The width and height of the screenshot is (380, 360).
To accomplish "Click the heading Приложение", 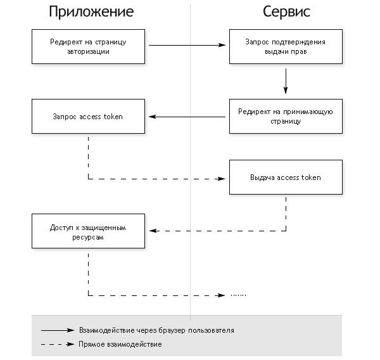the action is (91, 12).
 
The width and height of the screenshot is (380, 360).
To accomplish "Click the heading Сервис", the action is (286, 11).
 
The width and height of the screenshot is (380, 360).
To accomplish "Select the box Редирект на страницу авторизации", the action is (88, 46).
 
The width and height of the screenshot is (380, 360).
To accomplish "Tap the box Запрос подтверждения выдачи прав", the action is (286, 46).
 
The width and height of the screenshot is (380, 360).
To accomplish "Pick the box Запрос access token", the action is (88, 116).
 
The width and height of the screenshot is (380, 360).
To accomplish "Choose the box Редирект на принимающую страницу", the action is (286, 116).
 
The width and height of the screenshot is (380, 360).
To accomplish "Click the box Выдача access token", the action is (286, 177).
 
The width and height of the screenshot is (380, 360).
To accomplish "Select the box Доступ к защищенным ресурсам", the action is (88, 231).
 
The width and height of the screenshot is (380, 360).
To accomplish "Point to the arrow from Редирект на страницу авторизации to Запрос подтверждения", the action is (187, 45).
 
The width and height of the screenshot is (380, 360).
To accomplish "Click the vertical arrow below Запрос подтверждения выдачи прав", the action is (286, 81).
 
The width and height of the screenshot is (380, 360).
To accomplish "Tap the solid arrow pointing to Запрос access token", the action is (187, 117).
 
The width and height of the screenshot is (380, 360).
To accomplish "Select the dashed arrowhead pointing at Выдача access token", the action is (222, 179).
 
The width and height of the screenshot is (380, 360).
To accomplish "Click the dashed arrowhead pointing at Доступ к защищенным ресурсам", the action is (154, 231).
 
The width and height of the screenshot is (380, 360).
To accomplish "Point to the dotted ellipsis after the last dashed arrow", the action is (239, 295).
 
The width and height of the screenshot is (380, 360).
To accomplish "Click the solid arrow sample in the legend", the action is (58, 330).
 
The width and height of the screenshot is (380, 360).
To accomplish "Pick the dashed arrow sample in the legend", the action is (58, 344).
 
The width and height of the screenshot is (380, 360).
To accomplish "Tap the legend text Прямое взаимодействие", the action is (120, 344).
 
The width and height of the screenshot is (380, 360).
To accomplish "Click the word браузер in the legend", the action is (172, 330).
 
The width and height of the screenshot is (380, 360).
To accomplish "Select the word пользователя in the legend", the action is (211, 330).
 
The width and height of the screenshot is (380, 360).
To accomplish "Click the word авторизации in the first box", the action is (88, 52).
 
